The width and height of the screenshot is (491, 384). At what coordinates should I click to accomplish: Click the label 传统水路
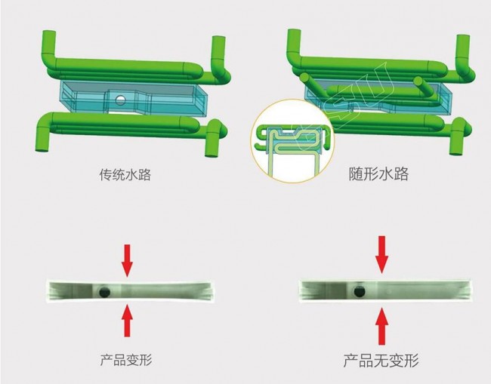tap(125, 174)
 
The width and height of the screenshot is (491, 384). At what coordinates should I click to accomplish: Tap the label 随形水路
tap(378, 174)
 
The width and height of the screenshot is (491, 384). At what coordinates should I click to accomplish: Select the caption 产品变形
tap(126, 360)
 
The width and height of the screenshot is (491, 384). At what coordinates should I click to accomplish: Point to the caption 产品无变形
tap(381, 361)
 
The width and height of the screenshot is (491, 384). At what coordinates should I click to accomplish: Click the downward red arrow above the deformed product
tap(127, 261)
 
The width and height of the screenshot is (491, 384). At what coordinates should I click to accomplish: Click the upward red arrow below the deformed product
tap(127, 320)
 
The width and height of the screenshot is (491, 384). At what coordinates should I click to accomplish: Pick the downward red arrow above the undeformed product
tap(381, 255)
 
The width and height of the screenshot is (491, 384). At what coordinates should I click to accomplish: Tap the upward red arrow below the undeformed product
tap(381, 326)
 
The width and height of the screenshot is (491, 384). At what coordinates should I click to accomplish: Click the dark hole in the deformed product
tap(104, 293)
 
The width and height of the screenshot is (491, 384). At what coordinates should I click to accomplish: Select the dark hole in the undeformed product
tap(360, 292)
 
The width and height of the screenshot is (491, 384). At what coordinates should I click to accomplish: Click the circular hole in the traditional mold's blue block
tap(120, 100)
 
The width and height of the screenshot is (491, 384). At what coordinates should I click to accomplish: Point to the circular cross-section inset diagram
tap(292, 141)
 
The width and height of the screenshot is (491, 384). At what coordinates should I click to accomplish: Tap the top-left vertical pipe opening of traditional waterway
tap(49, 32)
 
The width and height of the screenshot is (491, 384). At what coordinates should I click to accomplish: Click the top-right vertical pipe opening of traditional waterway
tap(218, 38)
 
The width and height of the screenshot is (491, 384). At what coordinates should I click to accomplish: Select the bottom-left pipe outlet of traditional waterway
tap(42, 149)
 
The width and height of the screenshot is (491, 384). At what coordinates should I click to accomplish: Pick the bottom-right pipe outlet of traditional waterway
tap(212, 155)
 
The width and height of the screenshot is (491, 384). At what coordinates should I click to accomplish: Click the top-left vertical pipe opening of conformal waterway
tap(294, 31)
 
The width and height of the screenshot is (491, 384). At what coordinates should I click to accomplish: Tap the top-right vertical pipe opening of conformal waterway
tap(463, 37)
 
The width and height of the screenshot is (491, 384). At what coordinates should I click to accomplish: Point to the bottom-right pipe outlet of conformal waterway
tap(456, 152)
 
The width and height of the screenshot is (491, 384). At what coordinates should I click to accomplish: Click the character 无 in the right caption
tap(381, 361)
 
